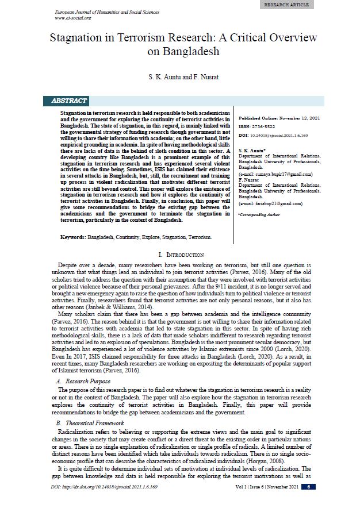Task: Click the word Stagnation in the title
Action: pos(76,38)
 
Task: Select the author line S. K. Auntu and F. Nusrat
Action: pos(179,75)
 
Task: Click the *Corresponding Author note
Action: pos(259,214)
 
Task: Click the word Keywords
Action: pos(73,237)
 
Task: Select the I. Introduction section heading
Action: pos(180,254)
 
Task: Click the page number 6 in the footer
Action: pos(308,487)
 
